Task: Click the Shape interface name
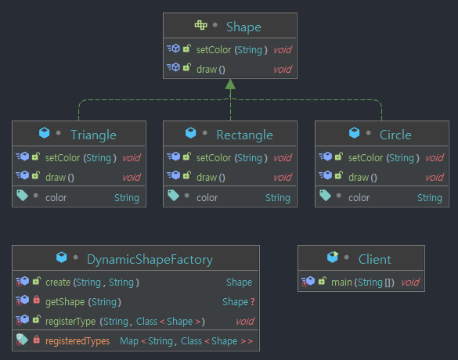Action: pos(243,27)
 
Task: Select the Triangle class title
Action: pos(93,135)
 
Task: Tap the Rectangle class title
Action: pos(244,135)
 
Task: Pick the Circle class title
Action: pos(395,135)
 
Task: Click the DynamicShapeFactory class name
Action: pos(150,259)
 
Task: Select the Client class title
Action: pos(374,259)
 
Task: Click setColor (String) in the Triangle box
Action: pos(81,157)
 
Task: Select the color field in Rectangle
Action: pos(207,197)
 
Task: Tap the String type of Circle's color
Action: pos(429,197)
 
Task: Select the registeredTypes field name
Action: pos(78,341)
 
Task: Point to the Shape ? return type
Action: pos(238,301)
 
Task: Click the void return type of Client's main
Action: pos(410,282)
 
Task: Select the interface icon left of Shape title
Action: pos(201,27)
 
